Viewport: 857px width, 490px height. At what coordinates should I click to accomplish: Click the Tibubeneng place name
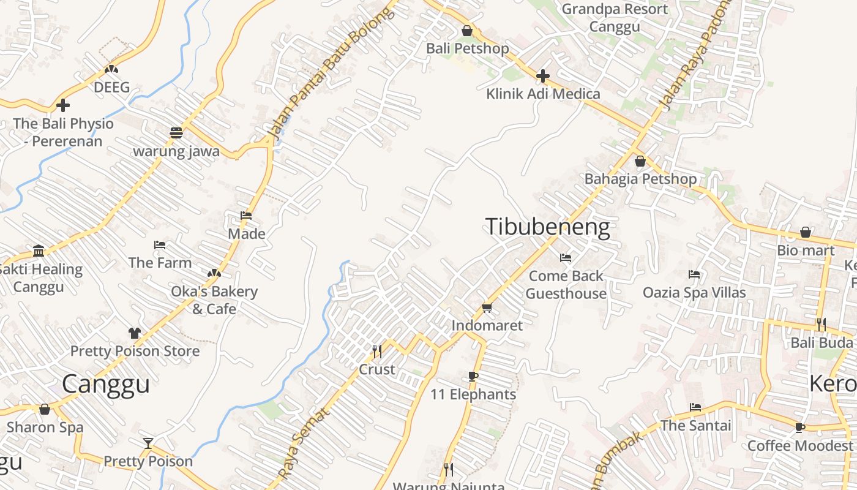[x=548, y=227]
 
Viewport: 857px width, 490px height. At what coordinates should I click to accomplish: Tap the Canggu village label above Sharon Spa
[x=106, y=384]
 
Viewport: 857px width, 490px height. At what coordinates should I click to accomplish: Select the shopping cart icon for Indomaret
[x=487, y=307]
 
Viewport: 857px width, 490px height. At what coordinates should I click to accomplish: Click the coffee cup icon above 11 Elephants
[x=473, y=376]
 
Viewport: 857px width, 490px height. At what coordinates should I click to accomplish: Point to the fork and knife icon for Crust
[x=377, y=351]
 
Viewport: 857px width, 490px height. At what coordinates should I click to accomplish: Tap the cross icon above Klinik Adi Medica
[x=543, y=76]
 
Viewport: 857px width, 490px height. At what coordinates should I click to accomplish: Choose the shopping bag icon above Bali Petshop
[x=467, y=31]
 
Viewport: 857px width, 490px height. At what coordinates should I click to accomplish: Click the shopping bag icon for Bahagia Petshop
[x=640, y=161]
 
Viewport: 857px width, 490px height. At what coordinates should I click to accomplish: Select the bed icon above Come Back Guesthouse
[x=566, y=258]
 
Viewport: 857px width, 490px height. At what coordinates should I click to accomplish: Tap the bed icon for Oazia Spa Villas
[x=694, y=274]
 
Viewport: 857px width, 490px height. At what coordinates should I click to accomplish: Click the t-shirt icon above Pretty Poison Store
[x=135, y=333]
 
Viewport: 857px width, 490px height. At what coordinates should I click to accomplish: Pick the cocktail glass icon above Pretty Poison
[x=148, y=443]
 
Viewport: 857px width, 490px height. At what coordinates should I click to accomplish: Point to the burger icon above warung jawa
[x=176, y=133]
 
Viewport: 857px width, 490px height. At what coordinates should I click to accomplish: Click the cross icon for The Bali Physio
[x=63, y=105]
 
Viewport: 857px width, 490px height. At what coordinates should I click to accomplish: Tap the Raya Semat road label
[x=304, y=443]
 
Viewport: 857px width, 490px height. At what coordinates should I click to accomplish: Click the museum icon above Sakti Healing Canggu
[x=39, y=251]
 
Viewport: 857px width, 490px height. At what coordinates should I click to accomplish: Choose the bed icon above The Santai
[x=695, y=407]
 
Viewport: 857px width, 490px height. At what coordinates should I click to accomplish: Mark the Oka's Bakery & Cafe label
[x=214, y=300]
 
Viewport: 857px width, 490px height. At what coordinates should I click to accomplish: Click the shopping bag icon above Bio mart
[x=806, y=232]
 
